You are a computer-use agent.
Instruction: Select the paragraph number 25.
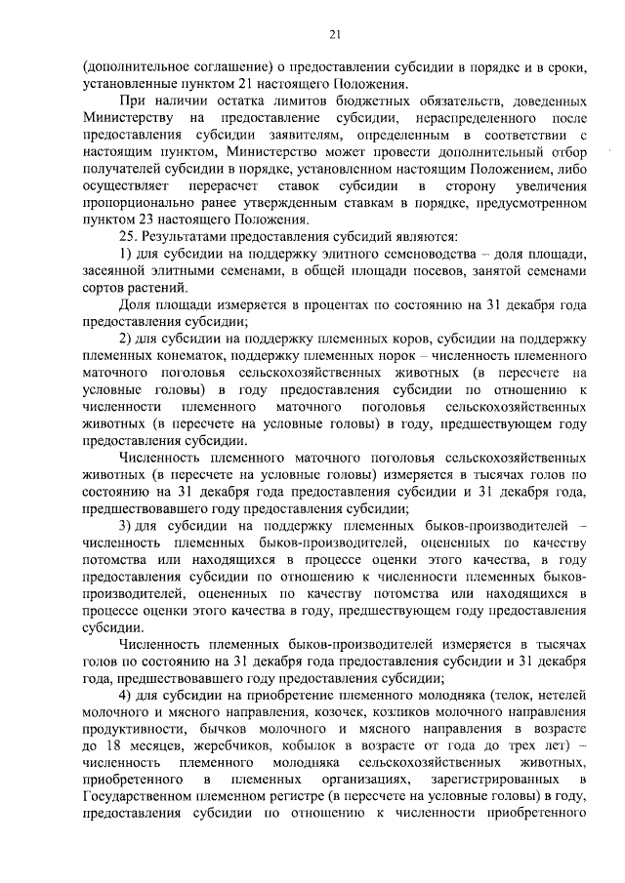pos(126,235)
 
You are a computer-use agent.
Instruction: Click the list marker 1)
pos(126,253)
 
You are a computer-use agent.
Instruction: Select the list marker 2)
pos(126,338)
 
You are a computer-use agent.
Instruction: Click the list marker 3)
pos(126,524)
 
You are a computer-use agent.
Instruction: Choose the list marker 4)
pos(126,694)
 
